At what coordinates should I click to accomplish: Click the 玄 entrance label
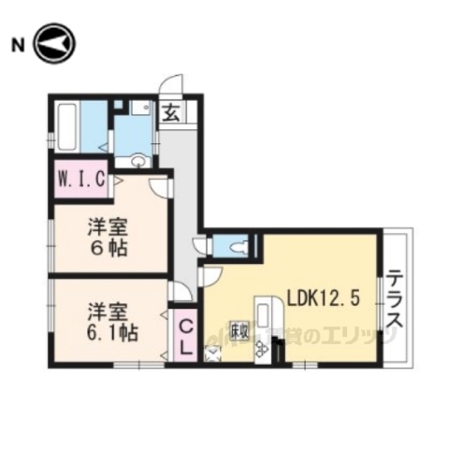point(173,115)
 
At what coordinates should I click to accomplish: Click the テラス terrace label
point(395,299)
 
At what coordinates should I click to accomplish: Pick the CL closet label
point(185,336)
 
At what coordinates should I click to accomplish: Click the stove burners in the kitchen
point(261,347)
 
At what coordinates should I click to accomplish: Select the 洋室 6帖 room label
point(108,238)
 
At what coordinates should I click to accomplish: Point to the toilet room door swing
point(200,246)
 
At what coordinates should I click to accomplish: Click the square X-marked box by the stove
point(212,354)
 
